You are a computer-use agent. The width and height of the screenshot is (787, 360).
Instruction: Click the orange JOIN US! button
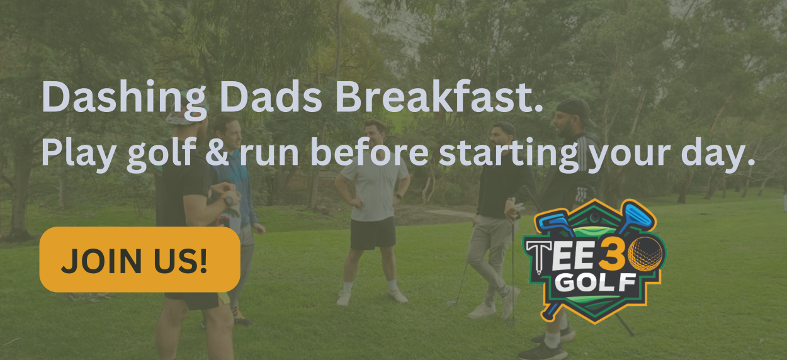click(140, 259)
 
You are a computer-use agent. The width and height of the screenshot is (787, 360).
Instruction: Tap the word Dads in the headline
click(271, 96)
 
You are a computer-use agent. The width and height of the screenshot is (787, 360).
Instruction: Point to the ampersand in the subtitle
click(217, 152)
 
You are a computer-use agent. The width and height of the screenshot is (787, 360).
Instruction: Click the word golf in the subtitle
click(162, 155)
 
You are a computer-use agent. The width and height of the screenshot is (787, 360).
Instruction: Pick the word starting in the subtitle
click(509, 155)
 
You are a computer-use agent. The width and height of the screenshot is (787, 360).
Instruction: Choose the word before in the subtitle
click(370, 152)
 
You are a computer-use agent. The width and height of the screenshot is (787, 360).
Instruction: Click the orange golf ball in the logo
click(645, 254)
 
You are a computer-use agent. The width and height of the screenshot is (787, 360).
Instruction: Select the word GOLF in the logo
click(596, 283)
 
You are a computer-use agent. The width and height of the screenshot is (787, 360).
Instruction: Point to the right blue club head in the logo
click(637, 216)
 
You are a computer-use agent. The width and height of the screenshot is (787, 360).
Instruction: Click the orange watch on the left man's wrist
click(228, 200)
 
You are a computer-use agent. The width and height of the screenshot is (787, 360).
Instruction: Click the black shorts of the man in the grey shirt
click(373, 233)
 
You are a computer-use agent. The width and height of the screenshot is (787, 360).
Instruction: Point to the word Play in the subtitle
click(79, 155)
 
